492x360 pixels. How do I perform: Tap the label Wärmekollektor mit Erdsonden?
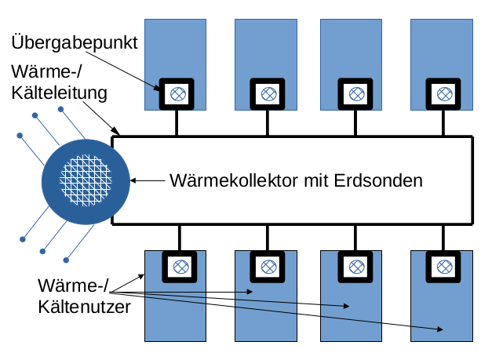[x=296, y=180]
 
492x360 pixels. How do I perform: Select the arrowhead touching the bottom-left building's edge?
[x=144, y=275]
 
